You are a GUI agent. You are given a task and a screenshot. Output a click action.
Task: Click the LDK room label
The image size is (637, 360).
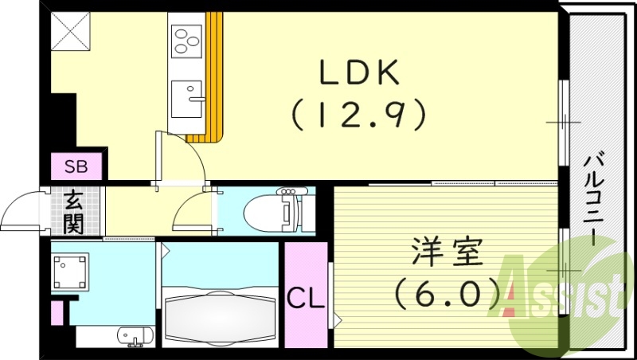358,74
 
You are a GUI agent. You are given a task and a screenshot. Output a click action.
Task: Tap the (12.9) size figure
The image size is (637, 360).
358,116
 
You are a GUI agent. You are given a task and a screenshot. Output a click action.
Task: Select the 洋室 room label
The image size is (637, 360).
447,254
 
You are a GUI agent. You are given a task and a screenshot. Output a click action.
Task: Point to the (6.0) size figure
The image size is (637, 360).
447,294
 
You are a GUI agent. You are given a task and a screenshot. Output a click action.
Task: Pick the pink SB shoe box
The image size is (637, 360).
77,167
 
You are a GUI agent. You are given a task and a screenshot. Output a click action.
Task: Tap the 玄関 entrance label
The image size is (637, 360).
74,212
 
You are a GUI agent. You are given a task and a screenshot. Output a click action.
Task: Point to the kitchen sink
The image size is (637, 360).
187,100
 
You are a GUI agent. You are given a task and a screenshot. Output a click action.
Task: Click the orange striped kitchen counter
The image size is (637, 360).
212,80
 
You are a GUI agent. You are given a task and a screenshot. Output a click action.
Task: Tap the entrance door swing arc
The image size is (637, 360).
22,212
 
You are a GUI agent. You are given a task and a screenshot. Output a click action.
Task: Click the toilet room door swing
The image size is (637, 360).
193,210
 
